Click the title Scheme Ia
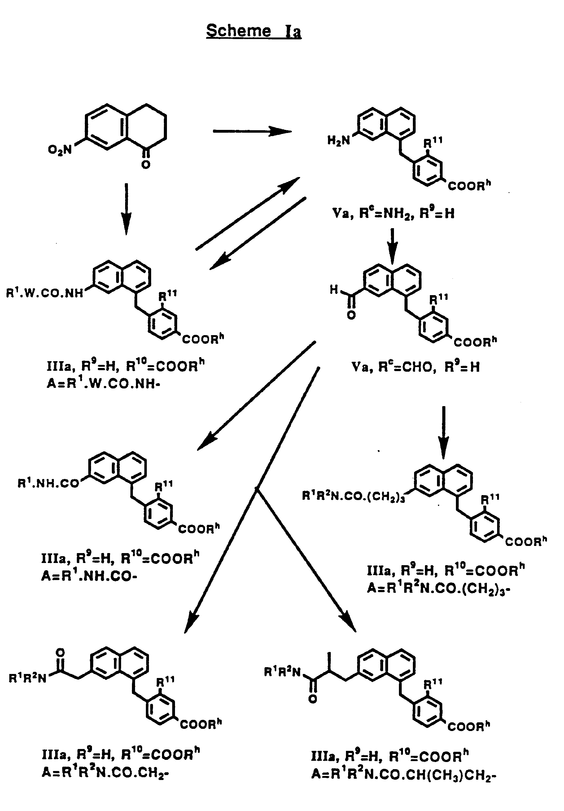(253, 31)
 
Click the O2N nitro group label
(60, 150)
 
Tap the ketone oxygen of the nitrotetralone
(146, 165)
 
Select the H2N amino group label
(339, 140)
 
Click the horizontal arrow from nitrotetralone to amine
(252, 131)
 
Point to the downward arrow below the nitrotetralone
(126, 209)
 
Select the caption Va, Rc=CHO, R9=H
(416, 367)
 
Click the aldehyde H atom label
(334, 290)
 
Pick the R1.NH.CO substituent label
(48, 483)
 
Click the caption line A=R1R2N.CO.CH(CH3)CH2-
(404, 774)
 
